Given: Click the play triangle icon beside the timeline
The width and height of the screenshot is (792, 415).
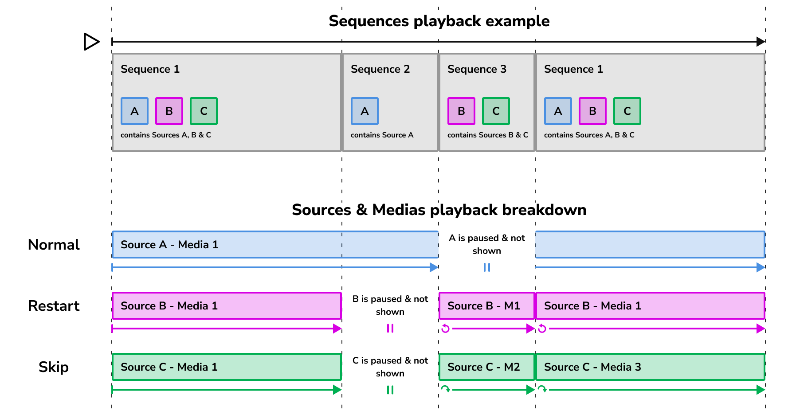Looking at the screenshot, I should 91,42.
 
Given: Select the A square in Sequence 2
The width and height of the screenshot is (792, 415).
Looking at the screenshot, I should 365,111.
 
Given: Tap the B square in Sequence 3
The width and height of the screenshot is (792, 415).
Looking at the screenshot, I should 461,111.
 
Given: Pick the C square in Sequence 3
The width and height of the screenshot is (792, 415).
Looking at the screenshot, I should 496,111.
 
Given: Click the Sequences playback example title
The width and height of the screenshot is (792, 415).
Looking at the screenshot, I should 439,21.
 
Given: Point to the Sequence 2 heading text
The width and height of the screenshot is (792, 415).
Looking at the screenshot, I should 380,69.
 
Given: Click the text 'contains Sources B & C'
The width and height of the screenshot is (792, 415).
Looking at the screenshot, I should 487,135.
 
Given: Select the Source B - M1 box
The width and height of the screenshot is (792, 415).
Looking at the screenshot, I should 486,305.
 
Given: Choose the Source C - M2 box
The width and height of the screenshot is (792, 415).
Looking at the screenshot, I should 486,367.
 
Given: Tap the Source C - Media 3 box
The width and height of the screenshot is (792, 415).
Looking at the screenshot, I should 650,367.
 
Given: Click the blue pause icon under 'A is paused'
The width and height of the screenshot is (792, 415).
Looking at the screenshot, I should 486,267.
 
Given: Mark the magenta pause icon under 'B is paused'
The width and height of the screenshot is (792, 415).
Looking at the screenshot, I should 390,329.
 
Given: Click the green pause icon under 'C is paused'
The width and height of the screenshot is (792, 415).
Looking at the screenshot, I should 390,390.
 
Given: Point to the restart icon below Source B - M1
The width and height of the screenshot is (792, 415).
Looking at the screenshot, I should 446,329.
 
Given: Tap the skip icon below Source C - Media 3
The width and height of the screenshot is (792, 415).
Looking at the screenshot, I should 542,389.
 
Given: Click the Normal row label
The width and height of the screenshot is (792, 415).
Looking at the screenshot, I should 54,245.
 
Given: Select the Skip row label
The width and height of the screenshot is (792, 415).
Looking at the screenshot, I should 54,367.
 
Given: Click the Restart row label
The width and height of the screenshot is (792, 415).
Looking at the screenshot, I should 54,306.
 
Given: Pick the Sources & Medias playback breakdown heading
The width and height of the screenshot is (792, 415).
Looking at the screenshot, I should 439,210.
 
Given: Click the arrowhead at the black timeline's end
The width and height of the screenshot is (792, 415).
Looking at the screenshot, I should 761,42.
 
